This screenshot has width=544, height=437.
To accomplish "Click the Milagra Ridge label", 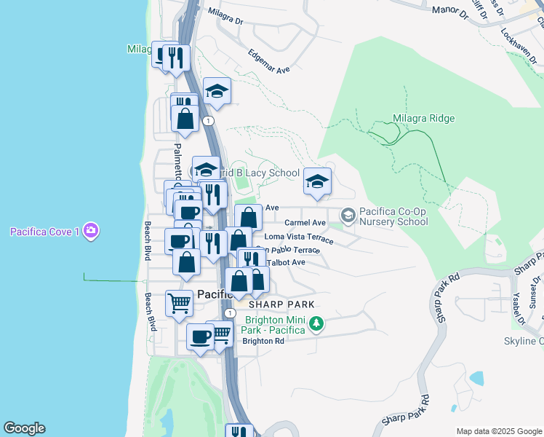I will click(423, 118).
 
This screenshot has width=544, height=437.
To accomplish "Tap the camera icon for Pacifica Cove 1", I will click(90, 232).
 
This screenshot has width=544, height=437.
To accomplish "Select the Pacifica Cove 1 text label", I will click(44, 232).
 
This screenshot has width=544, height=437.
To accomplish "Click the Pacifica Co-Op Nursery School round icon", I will click(348, 214).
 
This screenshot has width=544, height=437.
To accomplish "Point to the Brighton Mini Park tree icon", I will click(316, 323).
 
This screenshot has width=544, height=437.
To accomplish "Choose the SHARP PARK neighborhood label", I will click(281, 304).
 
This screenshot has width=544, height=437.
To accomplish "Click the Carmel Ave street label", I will click(305, 222).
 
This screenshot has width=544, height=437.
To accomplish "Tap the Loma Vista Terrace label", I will click(299, 237).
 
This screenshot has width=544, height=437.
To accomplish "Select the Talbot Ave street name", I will click(287, 261).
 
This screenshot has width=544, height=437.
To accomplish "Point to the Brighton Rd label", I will click(263, 340).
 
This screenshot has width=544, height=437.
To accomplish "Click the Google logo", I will click(24, 428).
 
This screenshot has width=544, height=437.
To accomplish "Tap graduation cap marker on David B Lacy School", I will click(206, 170).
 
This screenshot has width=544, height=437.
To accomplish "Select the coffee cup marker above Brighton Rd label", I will click(200, 336).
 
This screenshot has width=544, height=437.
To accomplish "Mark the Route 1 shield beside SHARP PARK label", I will click(231, 312).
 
